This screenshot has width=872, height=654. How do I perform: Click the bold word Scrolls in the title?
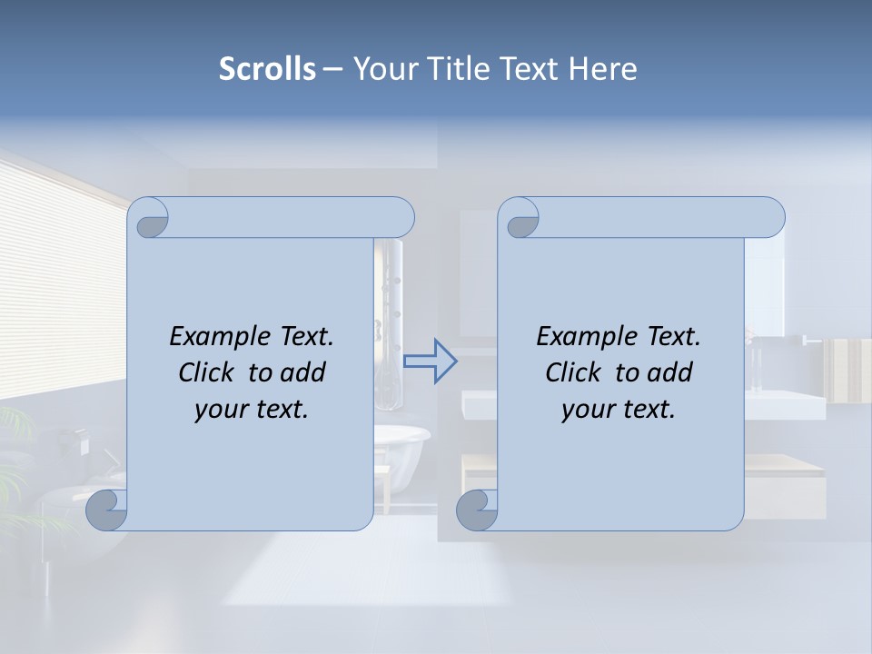point(267,69)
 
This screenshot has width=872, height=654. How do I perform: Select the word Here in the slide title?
point(602,69)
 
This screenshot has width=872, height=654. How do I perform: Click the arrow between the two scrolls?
point(431,362)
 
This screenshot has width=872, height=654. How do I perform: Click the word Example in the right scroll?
point(588,337)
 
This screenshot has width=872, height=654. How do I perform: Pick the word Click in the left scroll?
point(205,372)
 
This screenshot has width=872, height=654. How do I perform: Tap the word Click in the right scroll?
point(572,372)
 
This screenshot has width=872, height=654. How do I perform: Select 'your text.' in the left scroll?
point(252,409)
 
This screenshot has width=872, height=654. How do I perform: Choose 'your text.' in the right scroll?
point(619,409)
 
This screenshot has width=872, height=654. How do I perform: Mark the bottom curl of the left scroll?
point(107,510)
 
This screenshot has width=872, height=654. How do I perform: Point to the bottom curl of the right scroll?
point(476,510)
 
